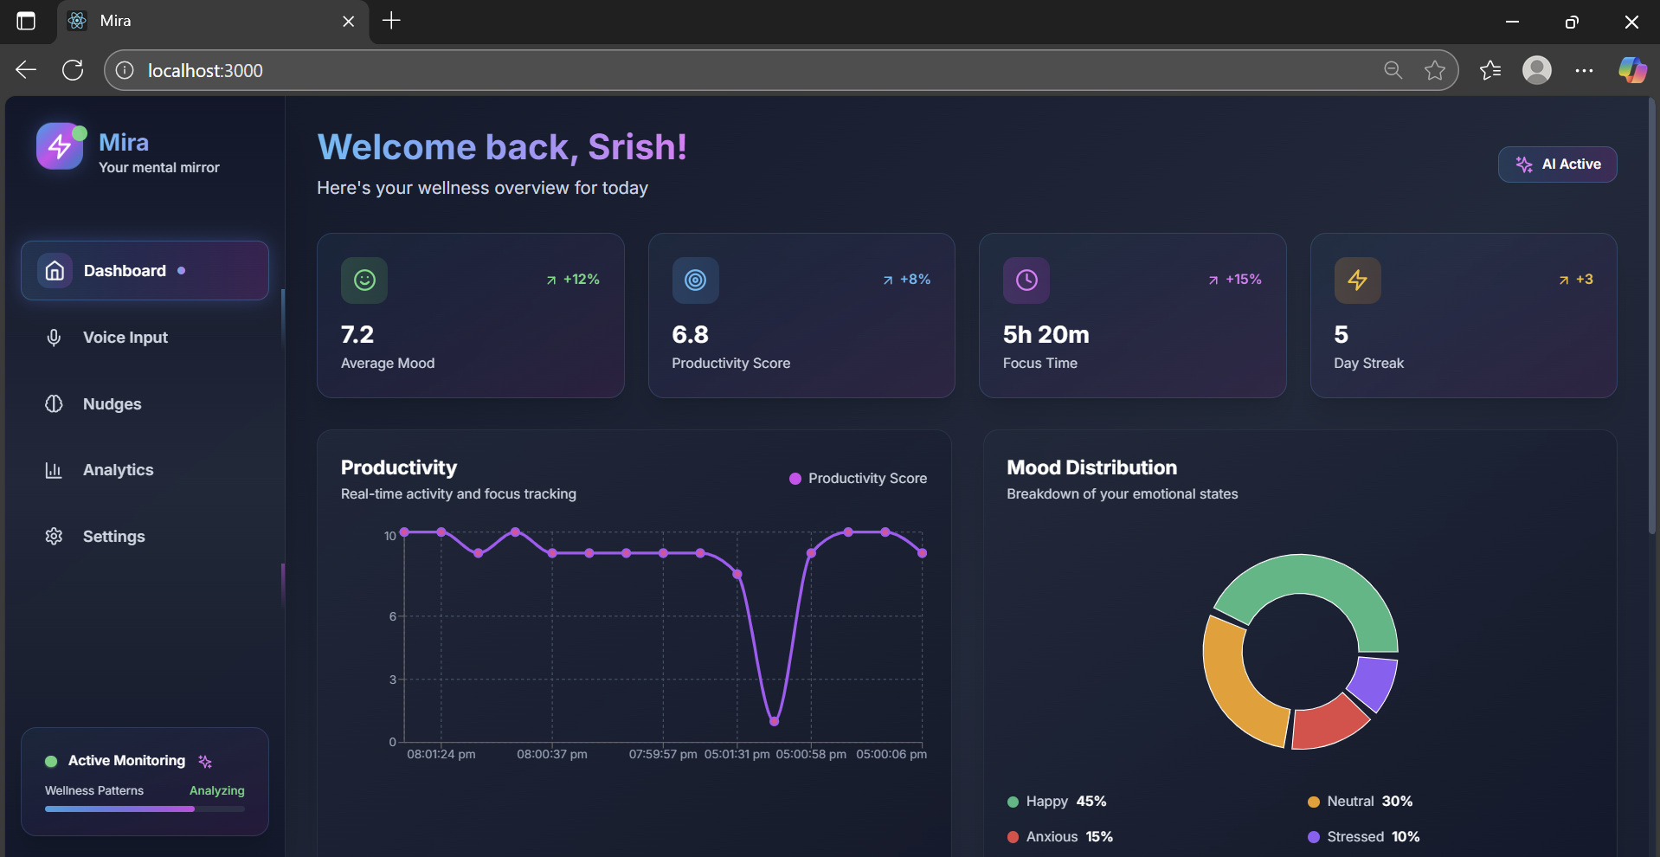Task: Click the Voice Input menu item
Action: click(125, 338)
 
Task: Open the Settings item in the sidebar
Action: click(113, 537)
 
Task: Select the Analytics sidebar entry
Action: click(118, 470)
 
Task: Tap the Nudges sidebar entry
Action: click(112, 404)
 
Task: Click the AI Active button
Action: click(1557, 164)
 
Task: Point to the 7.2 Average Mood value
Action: click(357, 335)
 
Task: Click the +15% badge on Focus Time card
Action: click(1235, 280)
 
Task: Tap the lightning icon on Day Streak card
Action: click(1357, 280)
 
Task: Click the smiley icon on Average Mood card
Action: click(364, 280)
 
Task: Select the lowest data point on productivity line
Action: click(774, 721)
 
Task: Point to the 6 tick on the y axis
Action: click(393, 616)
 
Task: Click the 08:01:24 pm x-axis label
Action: click(441, 755)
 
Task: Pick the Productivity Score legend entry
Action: click(858, 479)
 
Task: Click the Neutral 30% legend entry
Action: click(1360, 802)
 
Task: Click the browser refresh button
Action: click(73, 70)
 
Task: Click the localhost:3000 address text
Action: click(205, 71)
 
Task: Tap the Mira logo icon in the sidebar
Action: click(59, 146)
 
